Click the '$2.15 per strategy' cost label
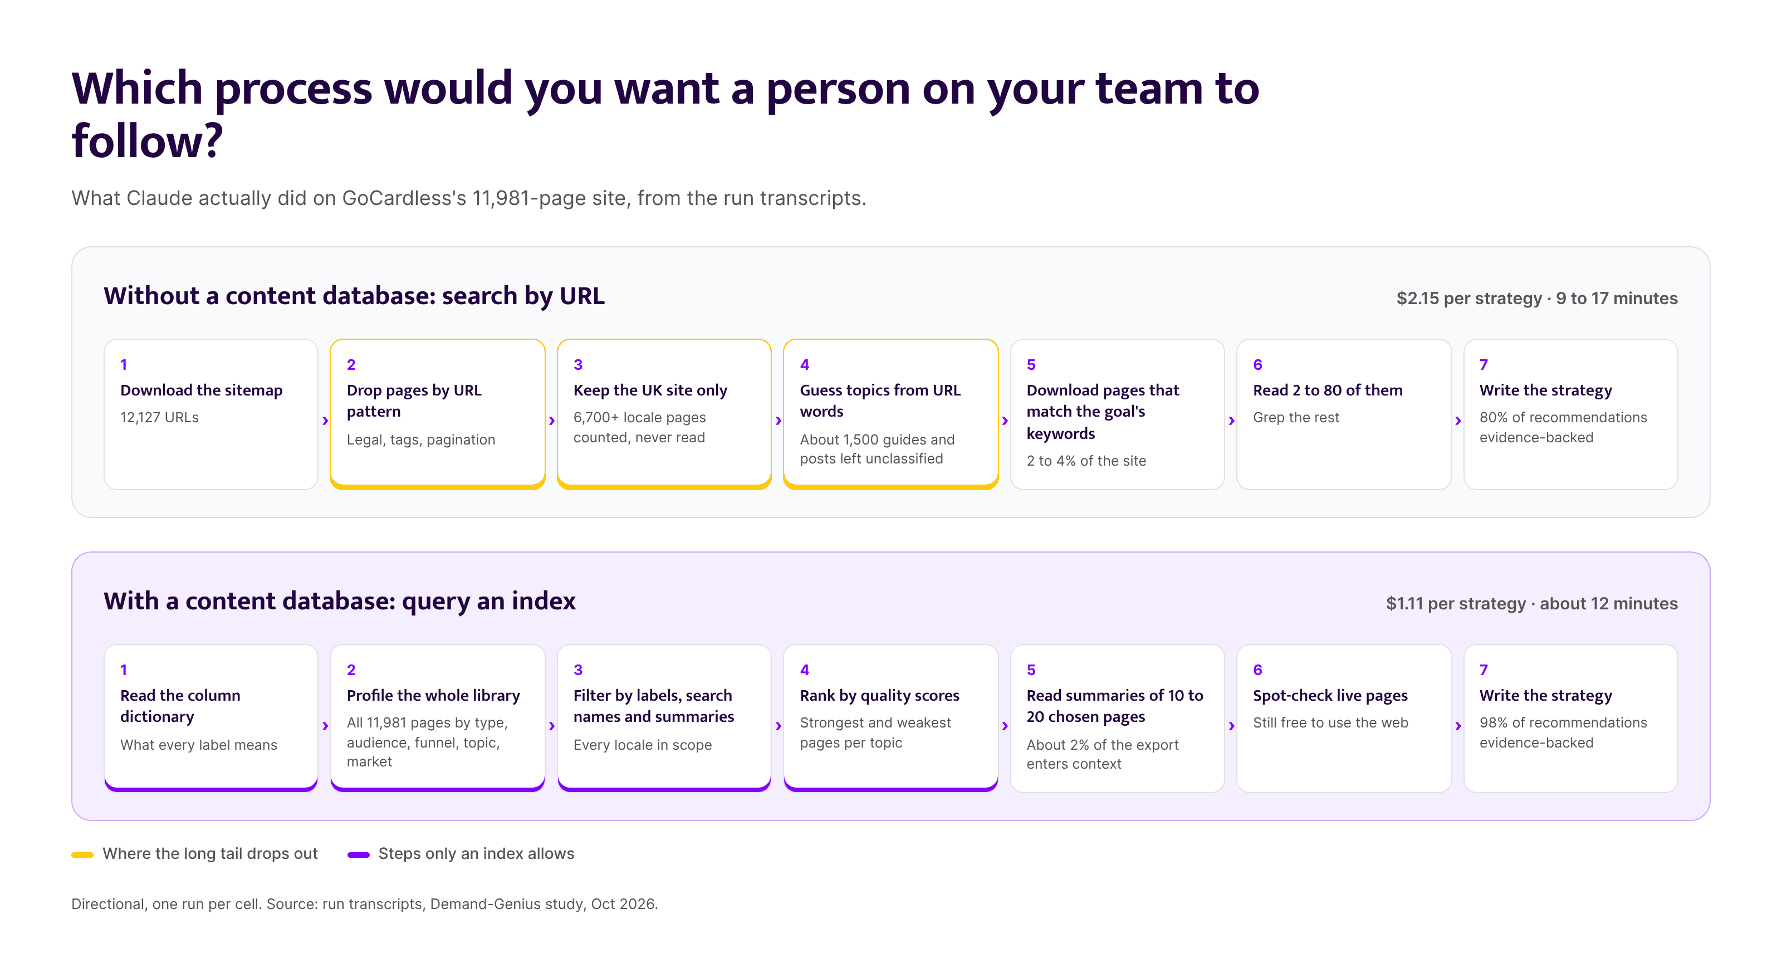click(x=1468, y=298)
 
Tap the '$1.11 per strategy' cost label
click(x=1456, y=603)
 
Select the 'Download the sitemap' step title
click(x=201, y=390)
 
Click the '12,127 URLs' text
click(x=159, y=417)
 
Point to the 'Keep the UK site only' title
click(x=650, y=390)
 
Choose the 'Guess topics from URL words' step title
click(x=880, y=400)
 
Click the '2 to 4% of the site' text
click(x=1086, y=461)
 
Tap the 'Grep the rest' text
click(x=1296, y=417)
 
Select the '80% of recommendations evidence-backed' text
click(x=1563, y=427)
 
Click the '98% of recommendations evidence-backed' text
click(x=1563, y=732)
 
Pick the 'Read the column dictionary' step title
click(x=180, y=706)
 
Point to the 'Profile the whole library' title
click(x=433, y=695)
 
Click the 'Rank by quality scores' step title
click(x=879, y=695)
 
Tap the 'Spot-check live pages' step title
click(x=1330, y=695)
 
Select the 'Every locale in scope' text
click(x=642, y=745)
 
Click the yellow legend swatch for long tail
click(x=82, y=854)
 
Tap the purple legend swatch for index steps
click(x=358, y=854)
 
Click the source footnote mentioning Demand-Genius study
click(x=365, y=903)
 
